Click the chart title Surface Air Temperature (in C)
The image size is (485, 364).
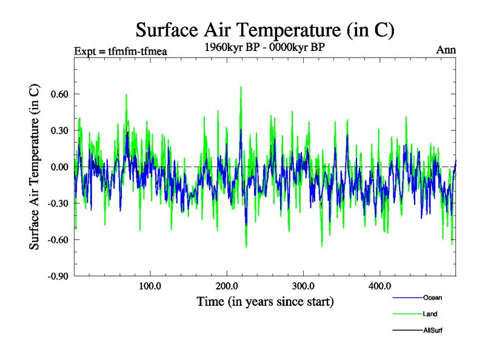[266, 30]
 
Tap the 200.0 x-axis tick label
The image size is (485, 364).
[226, 286]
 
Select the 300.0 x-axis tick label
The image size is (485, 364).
[303, 286]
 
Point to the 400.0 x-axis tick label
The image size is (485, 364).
[379, 286]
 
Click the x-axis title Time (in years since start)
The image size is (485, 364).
[265, 301]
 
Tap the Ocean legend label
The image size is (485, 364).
[432, 298]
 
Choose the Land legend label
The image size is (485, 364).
[430, 314]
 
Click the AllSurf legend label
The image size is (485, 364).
[434, 331]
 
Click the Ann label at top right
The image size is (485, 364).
[446, 50]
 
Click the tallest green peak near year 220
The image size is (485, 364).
[241, 87]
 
